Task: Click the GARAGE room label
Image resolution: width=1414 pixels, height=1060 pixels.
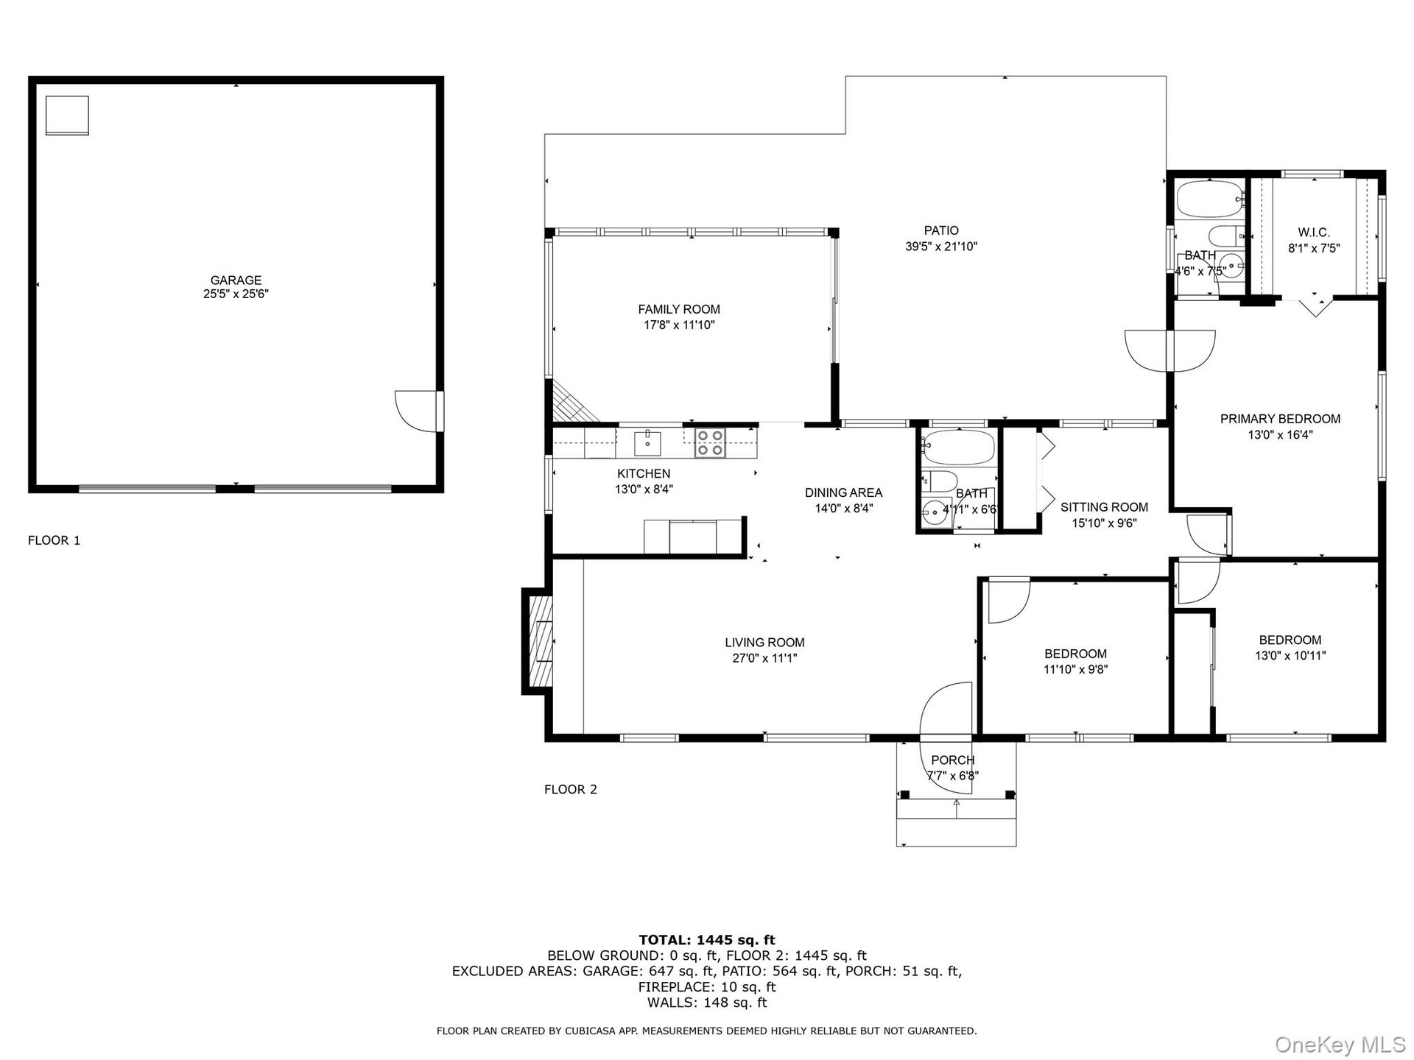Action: (236, 280)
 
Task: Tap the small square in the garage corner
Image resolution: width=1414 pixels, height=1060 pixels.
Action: (67, 116)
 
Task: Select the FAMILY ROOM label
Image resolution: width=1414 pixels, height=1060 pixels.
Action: (679, 309)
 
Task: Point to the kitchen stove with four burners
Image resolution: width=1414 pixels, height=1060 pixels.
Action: (710, 442)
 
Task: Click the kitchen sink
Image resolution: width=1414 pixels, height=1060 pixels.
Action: (647, 444)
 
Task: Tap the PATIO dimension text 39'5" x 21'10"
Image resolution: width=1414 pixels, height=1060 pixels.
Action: (941, 247)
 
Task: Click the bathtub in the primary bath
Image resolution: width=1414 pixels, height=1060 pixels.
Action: (1209, 199)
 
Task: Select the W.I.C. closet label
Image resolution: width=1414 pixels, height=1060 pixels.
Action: (1314, 233)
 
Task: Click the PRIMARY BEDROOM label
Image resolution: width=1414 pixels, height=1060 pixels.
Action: (1280, 419)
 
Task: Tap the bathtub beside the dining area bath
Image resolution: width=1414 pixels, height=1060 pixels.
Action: (958, 448)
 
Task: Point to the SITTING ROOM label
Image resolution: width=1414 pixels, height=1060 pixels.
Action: (1104, 507)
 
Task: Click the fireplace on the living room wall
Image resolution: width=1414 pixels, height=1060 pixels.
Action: (538, 640)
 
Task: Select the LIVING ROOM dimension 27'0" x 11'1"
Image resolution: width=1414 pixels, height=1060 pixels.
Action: (764, 658)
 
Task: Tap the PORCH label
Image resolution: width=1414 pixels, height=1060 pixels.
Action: (953, 760)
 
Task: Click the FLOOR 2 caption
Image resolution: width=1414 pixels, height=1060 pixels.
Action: (571, 789)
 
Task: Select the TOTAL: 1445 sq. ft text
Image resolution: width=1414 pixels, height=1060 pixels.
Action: (707, 940)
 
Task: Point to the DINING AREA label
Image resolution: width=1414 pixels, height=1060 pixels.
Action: (843, 493)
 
